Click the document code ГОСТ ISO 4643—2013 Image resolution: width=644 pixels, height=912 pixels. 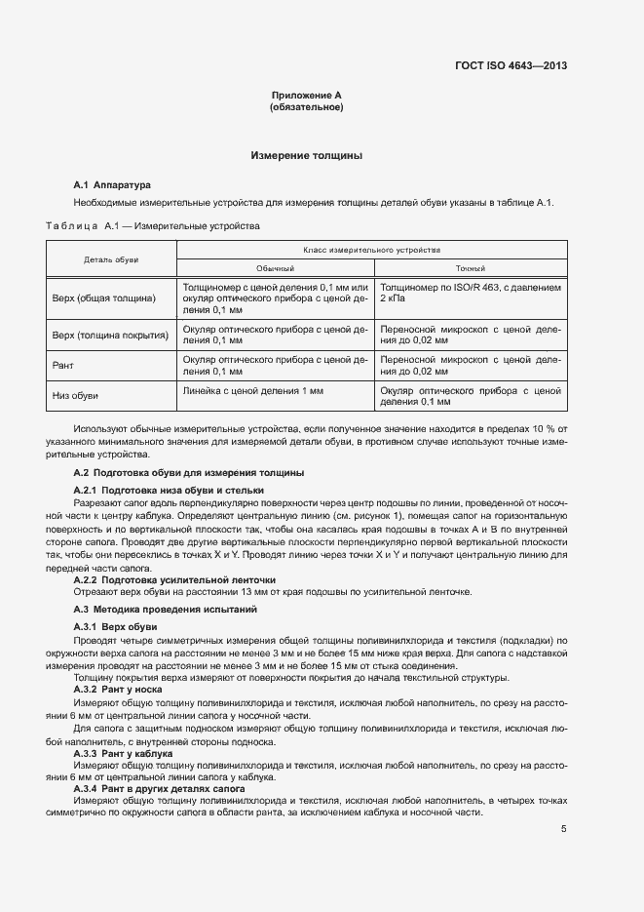(511, 66)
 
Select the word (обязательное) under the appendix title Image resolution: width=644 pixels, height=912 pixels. (306, 107)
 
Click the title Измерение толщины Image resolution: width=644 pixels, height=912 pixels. (306, 155)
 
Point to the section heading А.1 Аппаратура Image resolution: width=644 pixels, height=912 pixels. (112, 184)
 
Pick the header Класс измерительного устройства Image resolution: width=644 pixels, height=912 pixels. (372, 250)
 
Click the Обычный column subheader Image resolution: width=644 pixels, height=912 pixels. (275, 268)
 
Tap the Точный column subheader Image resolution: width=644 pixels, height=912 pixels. (471, 268)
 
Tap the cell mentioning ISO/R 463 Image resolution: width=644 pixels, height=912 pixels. (470, 294)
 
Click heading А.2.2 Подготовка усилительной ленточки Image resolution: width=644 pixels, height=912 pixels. (168, 579)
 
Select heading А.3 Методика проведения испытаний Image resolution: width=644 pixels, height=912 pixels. (165, 609)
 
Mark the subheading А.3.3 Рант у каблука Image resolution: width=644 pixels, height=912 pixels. (123, 754)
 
